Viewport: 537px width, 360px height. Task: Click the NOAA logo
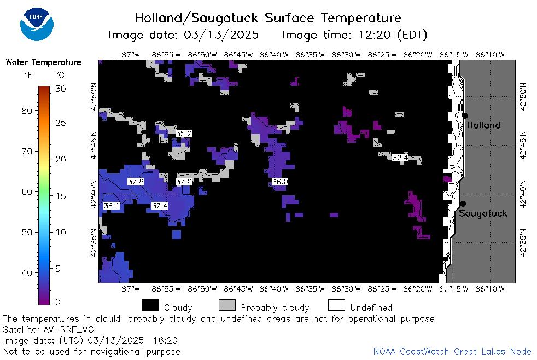tap(37, 24)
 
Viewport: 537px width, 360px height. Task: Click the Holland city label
tap(483, 125)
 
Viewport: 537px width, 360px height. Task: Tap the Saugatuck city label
tap(483, 214)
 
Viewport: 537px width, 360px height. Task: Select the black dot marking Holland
tap(465, 116)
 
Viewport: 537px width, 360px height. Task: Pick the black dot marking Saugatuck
tap(463, 204)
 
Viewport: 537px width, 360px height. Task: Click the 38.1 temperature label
tap(112, 206)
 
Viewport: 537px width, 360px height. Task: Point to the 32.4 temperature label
tap(400, 158)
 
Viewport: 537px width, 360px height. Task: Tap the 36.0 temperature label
tap(280, 182)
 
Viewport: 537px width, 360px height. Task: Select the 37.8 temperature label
tap(136, 182)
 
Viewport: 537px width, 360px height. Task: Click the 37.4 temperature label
tap(160, 206)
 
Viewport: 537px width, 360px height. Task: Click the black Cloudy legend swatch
tap(150, 305)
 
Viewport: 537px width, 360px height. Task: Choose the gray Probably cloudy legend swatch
tap(227, 305)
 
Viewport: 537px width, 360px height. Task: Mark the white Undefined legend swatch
tap(336, 305)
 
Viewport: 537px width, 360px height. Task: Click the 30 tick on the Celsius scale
tap(61, 89)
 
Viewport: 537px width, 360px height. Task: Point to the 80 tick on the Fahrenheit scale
tap(27, 111)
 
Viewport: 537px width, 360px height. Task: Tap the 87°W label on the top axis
tap(131, 55)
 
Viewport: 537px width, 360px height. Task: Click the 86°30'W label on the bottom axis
tap(346, 289)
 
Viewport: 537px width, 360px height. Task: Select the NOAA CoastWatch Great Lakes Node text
tap(452, 351)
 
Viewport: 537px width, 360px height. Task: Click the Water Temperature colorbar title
tap(44, 62)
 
